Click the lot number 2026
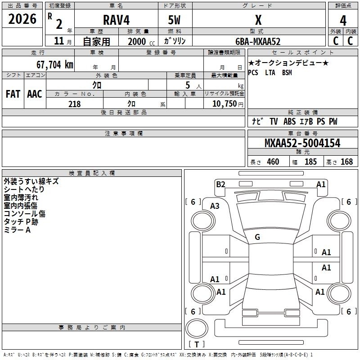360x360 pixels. (22, 19)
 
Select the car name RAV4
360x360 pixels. (116, 20)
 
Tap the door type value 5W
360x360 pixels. (174, 20)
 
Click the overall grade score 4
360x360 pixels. (343, 21)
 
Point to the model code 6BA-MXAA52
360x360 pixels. (258, 41)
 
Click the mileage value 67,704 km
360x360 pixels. (55, 65)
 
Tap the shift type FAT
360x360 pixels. (13, 94)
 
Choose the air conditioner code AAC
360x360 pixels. (35, 94)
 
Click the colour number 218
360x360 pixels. (75, 104)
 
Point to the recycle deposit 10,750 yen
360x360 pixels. (228, 104)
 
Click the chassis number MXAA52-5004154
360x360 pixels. (302, 143)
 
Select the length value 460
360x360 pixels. (273, 162)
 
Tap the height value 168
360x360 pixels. (346, 162)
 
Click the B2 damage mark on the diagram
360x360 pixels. (220, 184)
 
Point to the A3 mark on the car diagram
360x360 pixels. (215, 206)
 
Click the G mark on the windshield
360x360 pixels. (257, 237)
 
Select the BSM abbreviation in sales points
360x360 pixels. (287, 73)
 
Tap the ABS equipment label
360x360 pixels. (289, 121)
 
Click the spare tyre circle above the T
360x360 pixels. (197, 328)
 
